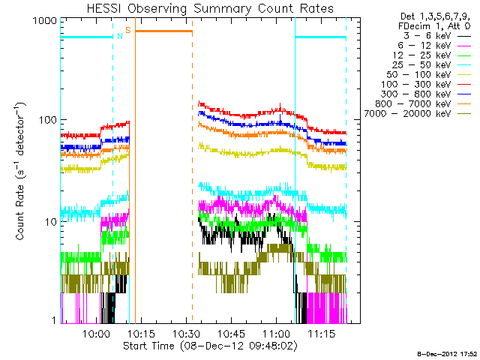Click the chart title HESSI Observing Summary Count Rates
(x=211, y=9)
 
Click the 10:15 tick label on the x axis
(x=141, y=333)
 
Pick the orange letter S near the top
(x=128, y=30)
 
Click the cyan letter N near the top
(x=119, y=35)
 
